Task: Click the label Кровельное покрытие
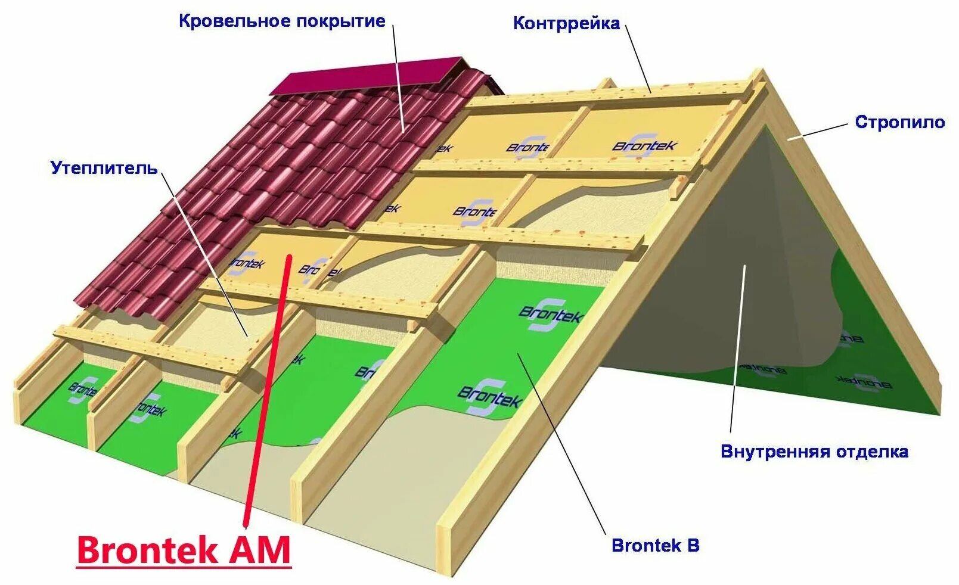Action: pos(282,21)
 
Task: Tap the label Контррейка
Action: pos(566,24)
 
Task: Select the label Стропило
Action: pos(899,122)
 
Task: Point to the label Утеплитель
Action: pos(104,168)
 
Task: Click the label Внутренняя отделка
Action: pos(814,451)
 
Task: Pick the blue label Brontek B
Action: pos(655,545)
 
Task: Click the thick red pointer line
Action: pos(268,387)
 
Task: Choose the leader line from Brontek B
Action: pos(560,441)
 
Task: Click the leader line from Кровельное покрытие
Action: pos(398,77)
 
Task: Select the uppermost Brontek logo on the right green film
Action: pos(550,314)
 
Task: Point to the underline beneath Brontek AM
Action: pos(184,567)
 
